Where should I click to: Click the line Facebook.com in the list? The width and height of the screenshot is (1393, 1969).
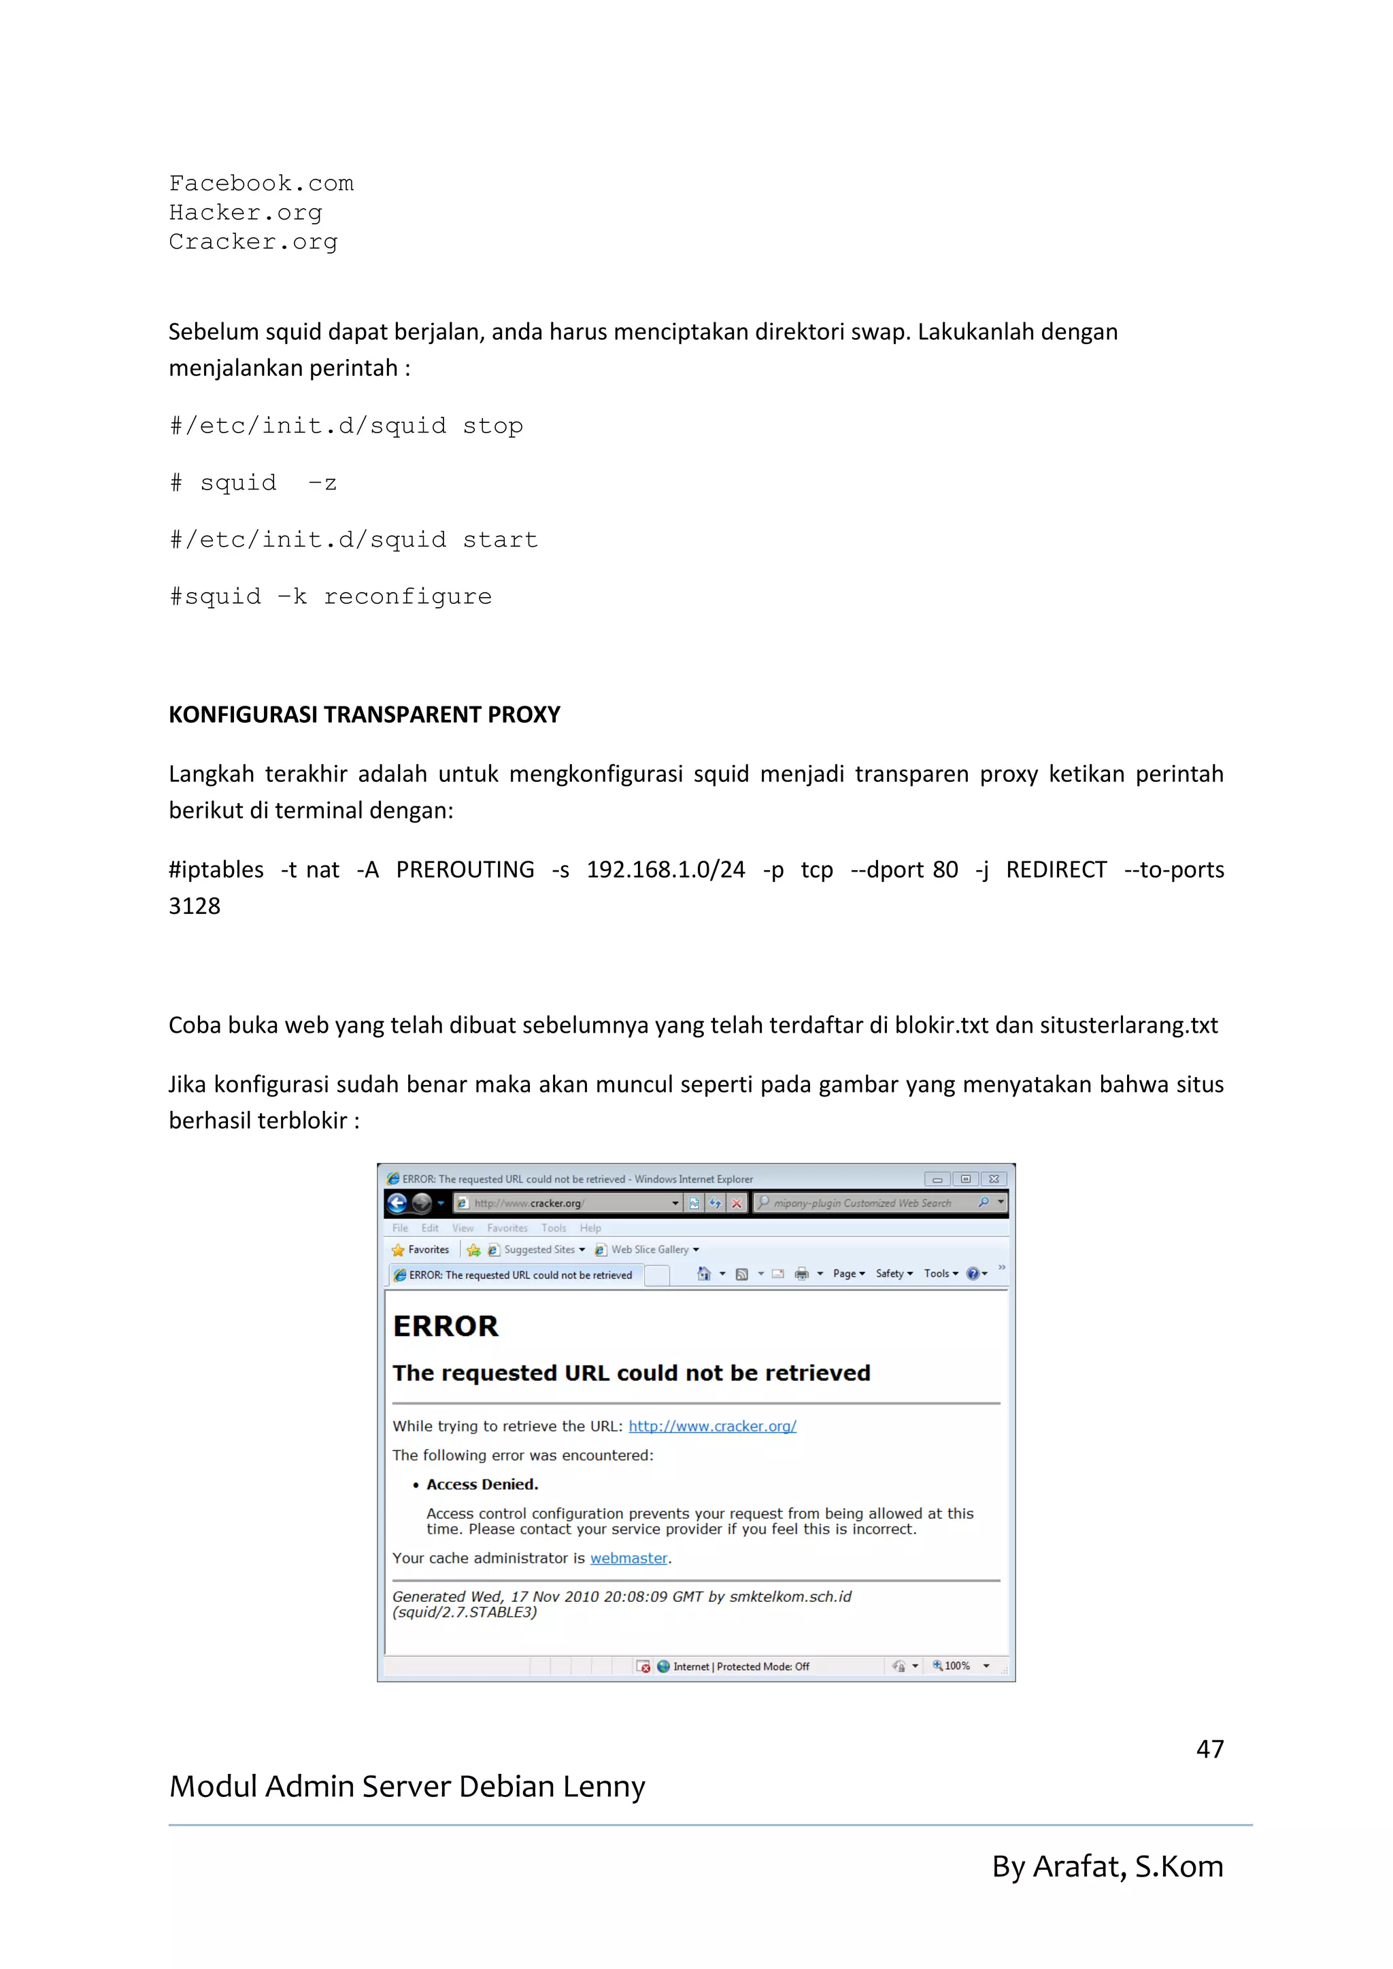pyautogui.click(x=261, y=184)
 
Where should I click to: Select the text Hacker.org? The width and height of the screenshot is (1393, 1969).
pyautogui.click(x=246, y=213)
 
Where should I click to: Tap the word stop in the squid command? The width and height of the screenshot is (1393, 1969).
pyautogui.click(x=492, y=426)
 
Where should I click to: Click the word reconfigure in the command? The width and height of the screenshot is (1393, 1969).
pyautogui.click(x=407, y=597)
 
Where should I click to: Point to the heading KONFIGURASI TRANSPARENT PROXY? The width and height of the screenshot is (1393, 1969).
pyautogui.click(x=364, y=715)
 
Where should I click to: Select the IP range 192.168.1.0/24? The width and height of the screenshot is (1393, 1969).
pyautogui.click(x=666, y=870)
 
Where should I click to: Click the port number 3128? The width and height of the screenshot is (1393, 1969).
pyautogui.click(x=195, y=906)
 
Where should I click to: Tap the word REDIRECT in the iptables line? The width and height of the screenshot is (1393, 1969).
pyautogui.click(x=1056, y=870)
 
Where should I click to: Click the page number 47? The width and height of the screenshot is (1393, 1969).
pyautogui.click(x=1209, y=1749)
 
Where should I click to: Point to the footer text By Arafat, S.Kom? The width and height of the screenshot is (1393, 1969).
pyautogui.click(x=1107, y=1866)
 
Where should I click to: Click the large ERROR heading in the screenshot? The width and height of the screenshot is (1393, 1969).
pyautogui.click(x=446, y=1326)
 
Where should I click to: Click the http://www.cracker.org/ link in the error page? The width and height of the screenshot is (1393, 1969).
pyautogui.click(x=712, y=1426)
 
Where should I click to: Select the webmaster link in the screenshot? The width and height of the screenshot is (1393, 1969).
pyautogui.click(x=628, y=1558)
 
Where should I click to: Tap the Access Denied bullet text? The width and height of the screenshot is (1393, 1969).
pyautogui.click(x=482, y=1484)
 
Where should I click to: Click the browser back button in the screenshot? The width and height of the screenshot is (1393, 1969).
pyautogui.click(x=397, y=1203)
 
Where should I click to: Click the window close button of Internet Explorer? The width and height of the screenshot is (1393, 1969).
pyautogui.click(x=993, y=1179)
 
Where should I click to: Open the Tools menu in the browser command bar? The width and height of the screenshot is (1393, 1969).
pyautogui.click(x=940, y=1273)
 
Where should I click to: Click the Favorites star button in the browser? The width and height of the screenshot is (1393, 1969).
pyautogui.click(x=420, y=1250)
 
